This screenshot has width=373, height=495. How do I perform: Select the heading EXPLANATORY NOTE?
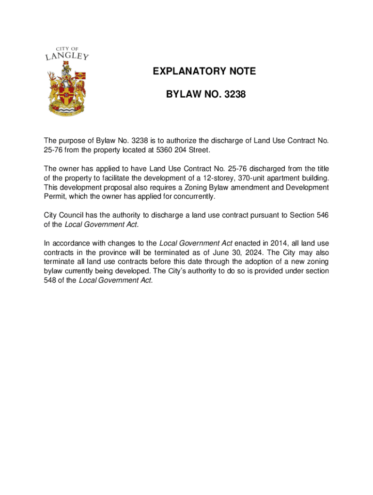(x=204, y=72)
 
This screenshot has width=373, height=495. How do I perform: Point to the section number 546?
(x=322, y=215)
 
